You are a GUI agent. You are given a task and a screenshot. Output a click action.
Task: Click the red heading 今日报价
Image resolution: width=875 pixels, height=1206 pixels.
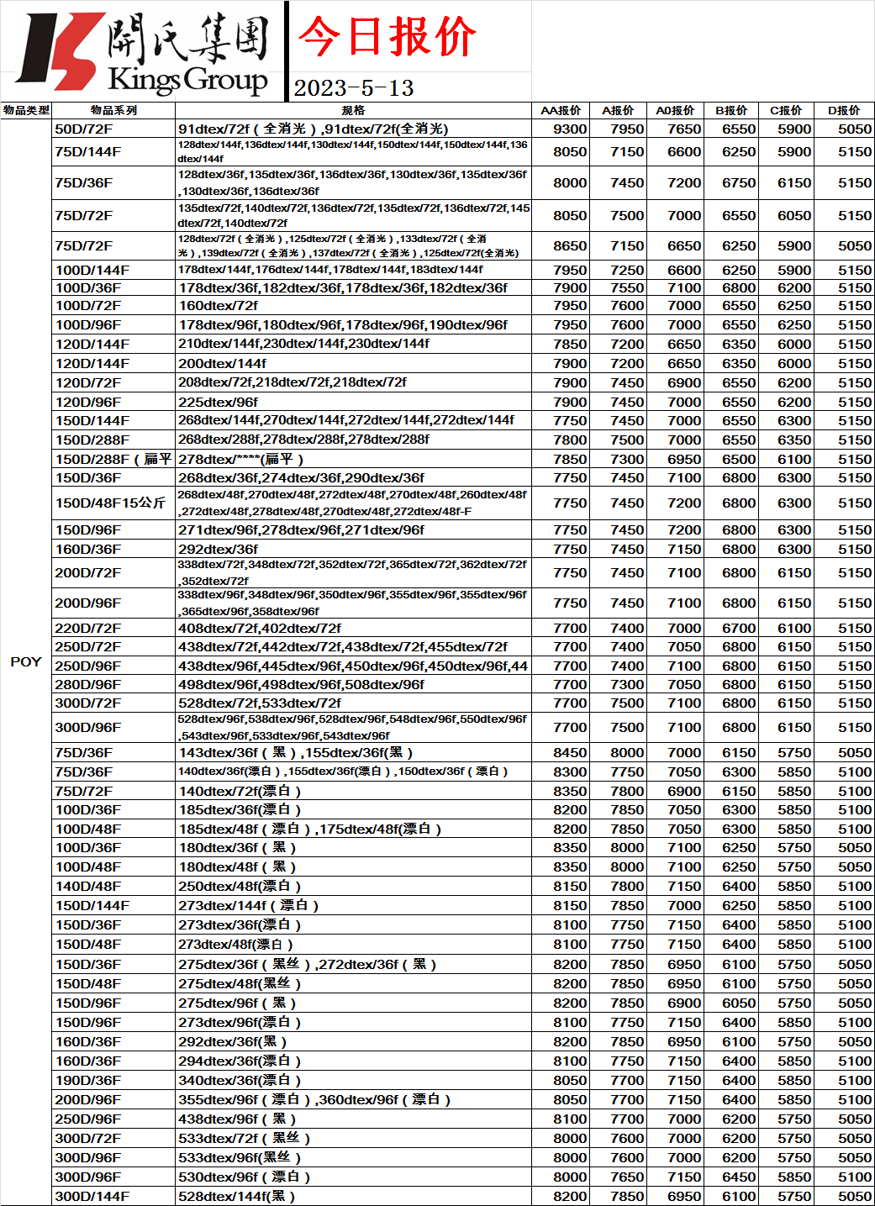[387, 37]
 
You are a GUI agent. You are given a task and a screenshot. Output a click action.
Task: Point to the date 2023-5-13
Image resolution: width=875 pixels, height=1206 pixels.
[354, 88]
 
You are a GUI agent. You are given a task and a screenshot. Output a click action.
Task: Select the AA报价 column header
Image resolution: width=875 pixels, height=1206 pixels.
[561, 110]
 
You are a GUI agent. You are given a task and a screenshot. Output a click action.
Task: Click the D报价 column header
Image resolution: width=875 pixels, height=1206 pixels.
[844, 110]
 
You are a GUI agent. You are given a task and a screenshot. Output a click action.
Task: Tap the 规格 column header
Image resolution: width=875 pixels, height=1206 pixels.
[353, 110]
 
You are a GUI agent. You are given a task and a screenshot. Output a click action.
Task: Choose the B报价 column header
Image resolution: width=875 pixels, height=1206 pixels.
[731, 110]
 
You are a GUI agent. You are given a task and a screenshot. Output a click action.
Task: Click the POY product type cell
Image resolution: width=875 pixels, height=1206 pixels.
[26, 661]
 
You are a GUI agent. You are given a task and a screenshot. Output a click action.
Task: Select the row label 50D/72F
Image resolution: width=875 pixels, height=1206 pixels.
[84, 129]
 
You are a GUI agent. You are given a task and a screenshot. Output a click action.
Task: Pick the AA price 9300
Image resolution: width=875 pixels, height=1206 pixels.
[570, 129]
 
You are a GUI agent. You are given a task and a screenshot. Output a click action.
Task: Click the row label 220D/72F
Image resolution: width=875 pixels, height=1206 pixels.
[88, 628]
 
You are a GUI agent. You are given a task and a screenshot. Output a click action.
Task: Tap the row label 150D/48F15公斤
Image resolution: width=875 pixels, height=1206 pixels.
[110, 503]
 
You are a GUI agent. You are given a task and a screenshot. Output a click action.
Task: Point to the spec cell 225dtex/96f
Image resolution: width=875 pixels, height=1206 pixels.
[219, 402]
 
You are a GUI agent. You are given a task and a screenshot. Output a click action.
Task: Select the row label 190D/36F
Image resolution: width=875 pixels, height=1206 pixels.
[88, 1080]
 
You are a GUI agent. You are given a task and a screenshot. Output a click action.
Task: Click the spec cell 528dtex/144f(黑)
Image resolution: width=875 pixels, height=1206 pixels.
[236, 1196]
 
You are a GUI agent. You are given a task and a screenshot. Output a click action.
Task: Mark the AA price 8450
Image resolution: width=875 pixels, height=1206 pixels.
[570, 752]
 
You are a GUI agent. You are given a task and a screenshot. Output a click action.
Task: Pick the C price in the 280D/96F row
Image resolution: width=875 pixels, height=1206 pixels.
[794, 684]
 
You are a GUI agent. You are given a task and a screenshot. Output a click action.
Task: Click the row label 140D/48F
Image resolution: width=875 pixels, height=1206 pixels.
[88, 886]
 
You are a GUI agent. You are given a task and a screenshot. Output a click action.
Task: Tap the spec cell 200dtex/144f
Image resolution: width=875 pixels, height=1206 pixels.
[223, 363]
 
